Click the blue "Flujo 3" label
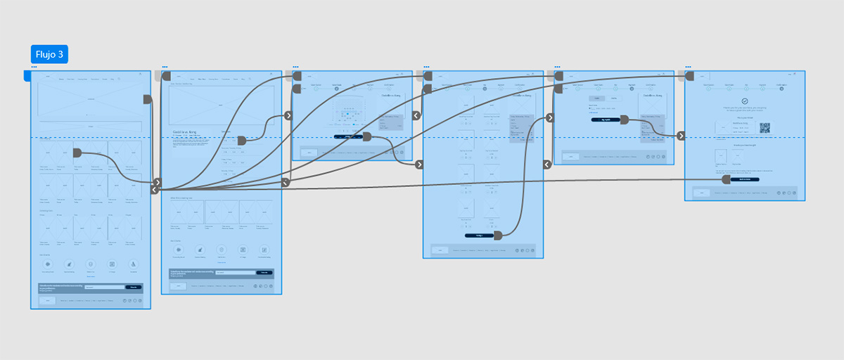[x=49, y=54]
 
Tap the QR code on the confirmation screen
[x=765, y=128]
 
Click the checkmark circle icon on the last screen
[x=745, y=102]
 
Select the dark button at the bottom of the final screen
[x=745, y=179]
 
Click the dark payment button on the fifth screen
[x=606, y=120]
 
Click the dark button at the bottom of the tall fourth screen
[x=479, y=236]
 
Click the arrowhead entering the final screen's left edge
[x=681, y=136]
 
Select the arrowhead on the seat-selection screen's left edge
[x=288, y=116]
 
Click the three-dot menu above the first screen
[x=34, y=67]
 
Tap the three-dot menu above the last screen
[x=688, y=67]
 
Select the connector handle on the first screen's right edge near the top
[x=148, y=100]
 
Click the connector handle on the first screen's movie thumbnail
[x=77, y=153]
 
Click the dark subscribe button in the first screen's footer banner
[x=133, y=287]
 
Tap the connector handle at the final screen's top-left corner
[x=689, y=76]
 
